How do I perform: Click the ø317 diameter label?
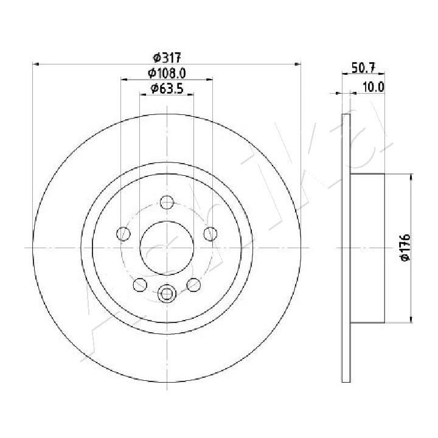(167, 58)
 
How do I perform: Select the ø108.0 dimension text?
(167, 73)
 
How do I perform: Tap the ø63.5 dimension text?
(167, 88)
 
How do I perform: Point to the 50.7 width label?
(363, 68)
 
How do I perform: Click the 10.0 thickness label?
(373, 87)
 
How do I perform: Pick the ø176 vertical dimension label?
(405, 248)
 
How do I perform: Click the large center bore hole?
(167, 248)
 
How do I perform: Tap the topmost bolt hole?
(167, 202)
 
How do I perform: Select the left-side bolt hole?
(123, 234)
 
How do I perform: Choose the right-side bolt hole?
(210, 234)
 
